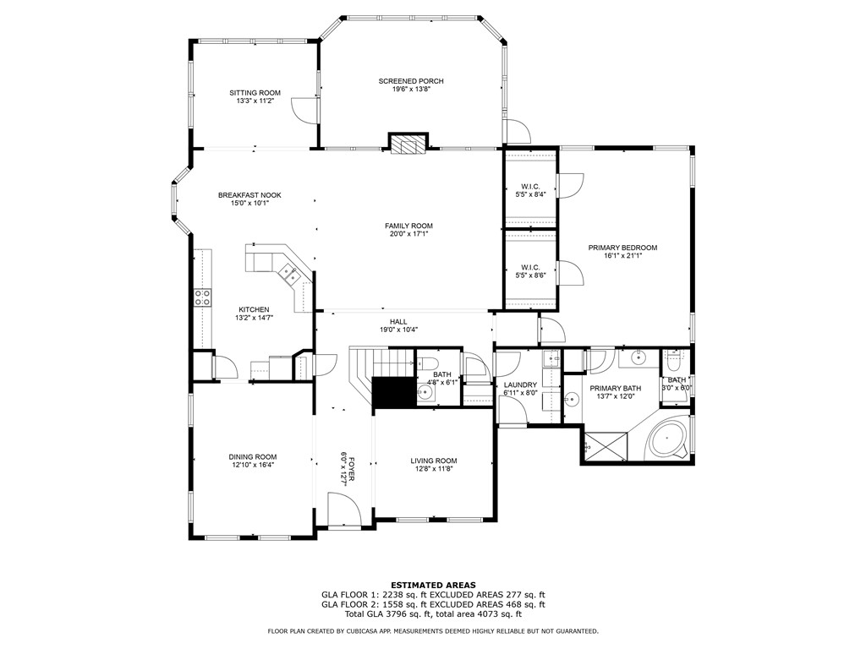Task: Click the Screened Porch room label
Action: pos(411,81)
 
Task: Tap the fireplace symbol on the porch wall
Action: pos(408,142)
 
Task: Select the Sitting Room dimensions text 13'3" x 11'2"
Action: pos(255,101)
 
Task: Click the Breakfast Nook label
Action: pos(249,195)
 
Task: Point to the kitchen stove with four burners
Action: pos(202,297)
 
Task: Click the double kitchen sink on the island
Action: pos(290,273)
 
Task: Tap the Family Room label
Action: pos(408,226)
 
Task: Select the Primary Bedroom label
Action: pos(622,248)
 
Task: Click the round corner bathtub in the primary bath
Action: pos(667,439)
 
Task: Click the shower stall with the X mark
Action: pos(606,445)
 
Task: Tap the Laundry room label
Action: pos(520,384)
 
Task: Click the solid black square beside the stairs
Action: pos(394,393)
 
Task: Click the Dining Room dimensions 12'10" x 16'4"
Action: pos(253,465)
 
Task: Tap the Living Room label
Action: pos(434,461)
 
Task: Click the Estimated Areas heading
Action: pos(433,585)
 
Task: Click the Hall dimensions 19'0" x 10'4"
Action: pos(399,330)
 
